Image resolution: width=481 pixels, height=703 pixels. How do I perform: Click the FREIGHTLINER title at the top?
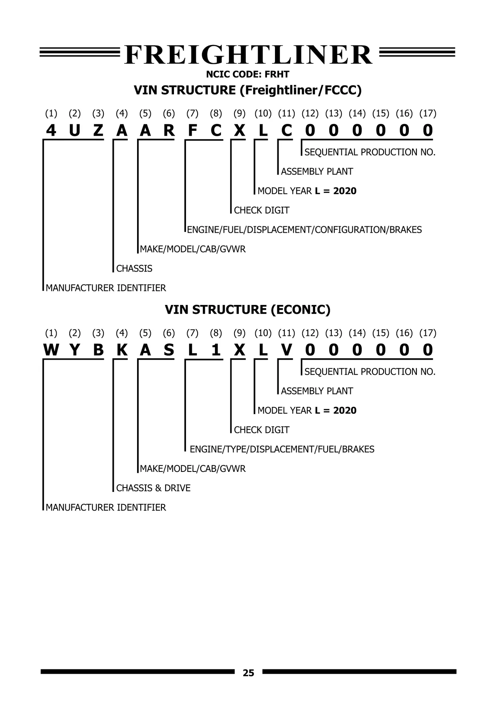248,55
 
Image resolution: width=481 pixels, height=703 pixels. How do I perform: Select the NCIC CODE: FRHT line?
247,75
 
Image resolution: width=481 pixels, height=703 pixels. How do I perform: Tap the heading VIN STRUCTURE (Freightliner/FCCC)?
247,90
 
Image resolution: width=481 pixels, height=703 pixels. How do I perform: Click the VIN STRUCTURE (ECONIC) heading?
247,310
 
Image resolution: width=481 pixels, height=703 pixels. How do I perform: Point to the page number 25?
248,673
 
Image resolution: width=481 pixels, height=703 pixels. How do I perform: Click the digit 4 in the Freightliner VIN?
51,130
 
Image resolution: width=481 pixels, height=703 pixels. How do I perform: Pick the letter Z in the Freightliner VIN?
98,130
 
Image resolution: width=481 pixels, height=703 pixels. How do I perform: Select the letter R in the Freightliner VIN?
169,130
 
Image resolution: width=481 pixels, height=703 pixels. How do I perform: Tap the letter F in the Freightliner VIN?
192,130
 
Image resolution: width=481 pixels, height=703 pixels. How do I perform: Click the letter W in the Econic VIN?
51,350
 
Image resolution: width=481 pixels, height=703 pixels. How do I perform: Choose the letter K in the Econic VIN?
121,350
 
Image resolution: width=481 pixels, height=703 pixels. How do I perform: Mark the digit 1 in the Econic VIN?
216,350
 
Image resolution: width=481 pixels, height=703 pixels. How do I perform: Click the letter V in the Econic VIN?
287,350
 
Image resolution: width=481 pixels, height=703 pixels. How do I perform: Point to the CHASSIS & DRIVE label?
153,488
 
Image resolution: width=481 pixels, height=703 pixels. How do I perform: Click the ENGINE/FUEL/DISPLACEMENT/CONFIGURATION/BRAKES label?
304,230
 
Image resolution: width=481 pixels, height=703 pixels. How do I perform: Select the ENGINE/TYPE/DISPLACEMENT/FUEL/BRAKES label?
282,449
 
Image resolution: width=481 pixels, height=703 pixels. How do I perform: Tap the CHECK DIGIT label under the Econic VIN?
261,430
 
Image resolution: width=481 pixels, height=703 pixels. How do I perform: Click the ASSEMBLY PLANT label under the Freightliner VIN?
317,172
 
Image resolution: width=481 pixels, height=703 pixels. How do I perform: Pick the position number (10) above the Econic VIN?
263,333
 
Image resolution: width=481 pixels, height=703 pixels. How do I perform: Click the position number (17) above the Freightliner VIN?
428,114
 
